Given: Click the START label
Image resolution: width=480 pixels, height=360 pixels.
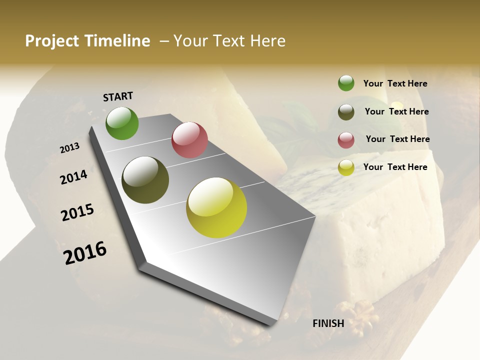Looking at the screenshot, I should tap(118, 96).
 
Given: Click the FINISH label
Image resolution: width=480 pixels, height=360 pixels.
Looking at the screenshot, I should tap(328, 323).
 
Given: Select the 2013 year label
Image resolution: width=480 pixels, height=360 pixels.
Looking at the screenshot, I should tap(69, 148).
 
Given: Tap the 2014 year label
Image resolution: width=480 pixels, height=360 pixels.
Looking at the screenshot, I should tap(73, 177).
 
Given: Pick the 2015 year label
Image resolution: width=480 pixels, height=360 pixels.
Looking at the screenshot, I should tap(77, 212).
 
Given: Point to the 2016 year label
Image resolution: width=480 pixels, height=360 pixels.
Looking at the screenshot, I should tap(85, 253).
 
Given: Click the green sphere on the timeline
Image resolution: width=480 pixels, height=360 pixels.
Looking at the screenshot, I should tap(122, 123).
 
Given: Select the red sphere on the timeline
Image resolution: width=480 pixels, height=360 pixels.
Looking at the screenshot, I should tap(189, 140).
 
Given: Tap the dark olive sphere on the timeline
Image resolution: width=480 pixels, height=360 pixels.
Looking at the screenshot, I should tap(145, 180).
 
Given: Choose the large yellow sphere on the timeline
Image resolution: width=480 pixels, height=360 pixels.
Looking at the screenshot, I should tap(216, 207).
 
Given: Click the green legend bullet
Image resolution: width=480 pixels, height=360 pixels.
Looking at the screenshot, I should tap(346, 83).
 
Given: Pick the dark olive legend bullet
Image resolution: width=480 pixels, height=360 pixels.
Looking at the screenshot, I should tap(346, 112).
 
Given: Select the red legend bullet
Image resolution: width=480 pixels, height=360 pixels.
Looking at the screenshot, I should tap(346, 140).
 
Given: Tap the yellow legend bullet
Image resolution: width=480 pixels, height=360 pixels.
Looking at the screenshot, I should tap(346, 168).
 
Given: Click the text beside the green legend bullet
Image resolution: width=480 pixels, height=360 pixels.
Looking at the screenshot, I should tap(395, 84).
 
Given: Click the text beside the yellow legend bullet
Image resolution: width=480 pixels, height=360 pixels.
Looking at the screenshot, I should tap(395, 167).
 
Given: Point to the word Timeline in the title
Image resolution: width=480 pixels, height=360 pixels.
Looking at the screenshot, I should tap(116, 41).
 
